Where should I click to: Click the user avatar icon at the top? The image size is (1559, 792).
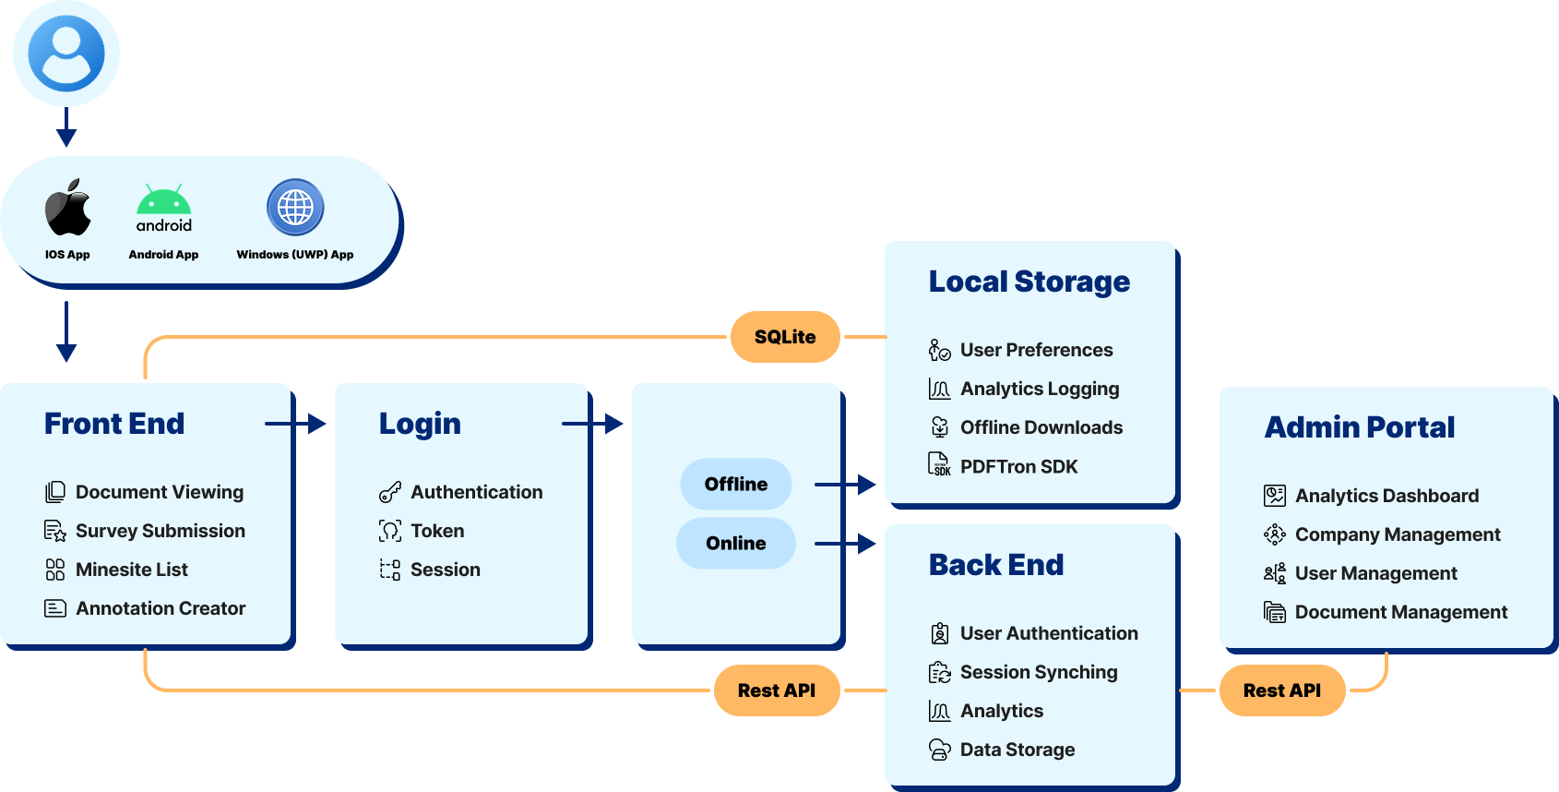click(66, 54)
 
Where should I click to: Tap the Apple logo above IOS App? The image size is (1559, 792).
click(68, 208)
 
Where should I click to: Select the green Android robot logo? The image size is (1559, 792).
click(164, 200)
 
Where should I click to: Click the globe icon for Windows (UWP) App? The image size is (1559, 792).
click(295, 207)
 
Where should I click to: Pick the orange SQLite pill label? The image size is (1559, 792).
click(785, 337)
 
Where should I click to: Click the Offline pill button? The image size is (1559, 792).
click(735, 484)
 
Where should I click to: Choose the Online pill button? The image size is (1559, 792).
click(735, 543)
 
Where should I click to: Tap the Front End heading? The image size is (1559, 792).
click(114, 424)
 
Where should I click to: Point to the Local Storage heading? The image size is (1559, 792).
click(1029, 282)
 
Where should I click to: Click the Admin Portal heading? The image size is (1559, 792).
click(1359, 427)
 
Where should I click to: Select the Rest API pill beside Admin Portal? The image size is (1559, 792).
click(1281, 690)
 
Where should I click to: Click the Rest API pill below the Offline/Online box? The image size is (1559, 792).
click(776, 690)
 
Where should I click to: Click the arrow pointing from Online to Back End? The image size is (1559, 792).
click(845, 544)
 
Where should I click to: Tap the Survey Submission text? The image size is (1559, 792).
click(161, 531)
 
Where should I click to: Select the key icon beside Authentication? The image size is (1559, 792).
click(390, 492)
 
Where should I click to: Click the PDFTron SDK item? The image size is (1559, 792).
click(1018, 466)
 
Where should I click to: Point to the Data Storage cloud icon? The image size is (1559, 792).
click(939, 750)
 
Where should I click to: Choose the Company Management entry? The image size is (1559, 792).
click(1398, 534)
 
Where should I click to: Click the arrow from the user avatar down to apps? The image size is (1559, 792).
click(66, 127)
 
